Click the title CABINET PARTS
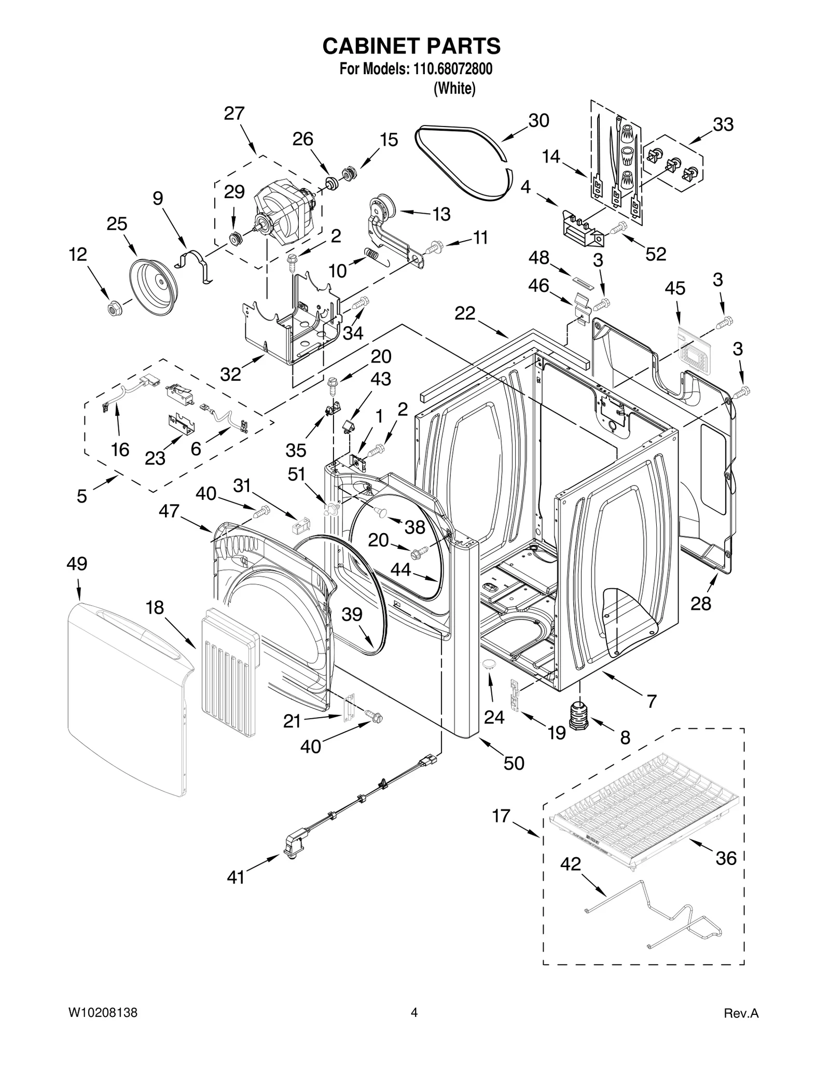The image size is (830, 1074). point(411,46)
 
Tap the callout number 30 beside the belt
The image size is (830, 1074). point(538,120)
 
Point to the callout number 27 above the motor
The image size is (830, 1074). point(234,113)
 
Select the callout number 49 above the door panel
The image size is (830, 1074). point(77,563)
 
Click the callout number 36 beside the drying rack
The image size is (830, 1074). point(726,858)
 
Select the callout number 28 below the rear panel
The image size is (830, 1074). point(700,603)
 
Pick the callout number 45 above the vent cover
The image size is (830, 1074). point(675,288)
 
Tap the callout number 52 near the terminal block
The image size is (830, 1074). point(655,254)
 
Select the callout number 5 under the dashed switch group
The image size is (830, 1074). point(82,496)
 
